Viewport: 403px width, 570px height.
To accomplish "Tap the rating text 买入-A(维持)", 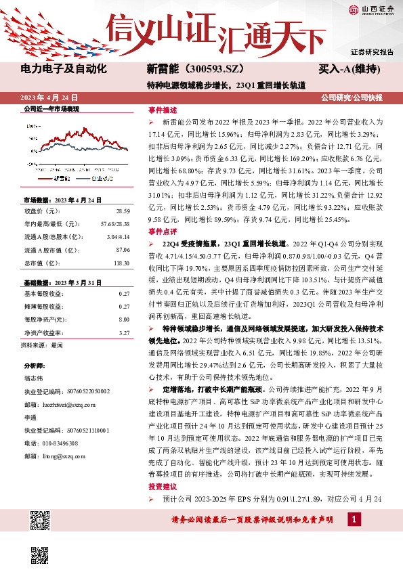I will click(347, 70).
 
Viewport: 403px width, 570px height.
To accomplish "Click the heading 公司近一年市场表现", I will click(51, 108).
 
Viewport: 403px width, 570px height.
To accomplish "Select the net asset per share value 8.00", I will click(124, 300).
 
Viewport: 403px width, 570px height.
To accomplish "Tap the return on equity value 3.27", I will click(124, 313).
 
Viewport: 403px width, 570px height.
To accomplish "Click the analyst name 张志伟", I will click(34, 380).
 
